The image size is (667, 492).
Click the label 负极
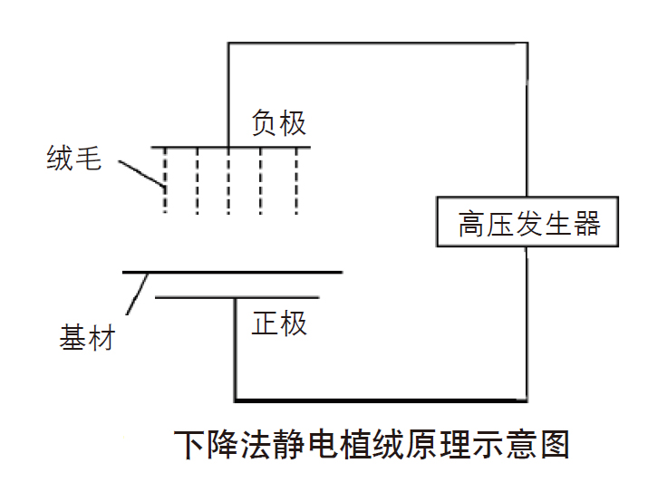(x=279, y=122)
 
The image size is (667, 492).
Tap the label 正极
(x=280, y=323)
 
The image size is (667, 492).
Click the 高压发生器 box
(x=527, y=222)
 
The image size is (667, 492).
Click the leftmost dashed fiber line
(x=165, y=181)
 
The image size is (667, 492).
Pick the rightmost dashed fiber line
(x=295, y=181)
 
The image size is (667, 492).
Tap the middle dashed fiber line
(x=229, y=181)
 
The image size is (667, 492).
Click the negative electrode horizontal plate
(x=231, y=147)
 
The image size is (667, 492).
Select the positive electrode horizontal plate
(x=237, y=297)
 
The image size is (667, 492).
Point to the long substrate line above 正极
(x=232, y=271)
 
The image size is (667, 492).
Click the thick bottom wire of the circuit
(x=381, y=400)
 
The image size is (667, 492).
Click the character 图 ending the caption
(x=555, y=446)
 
